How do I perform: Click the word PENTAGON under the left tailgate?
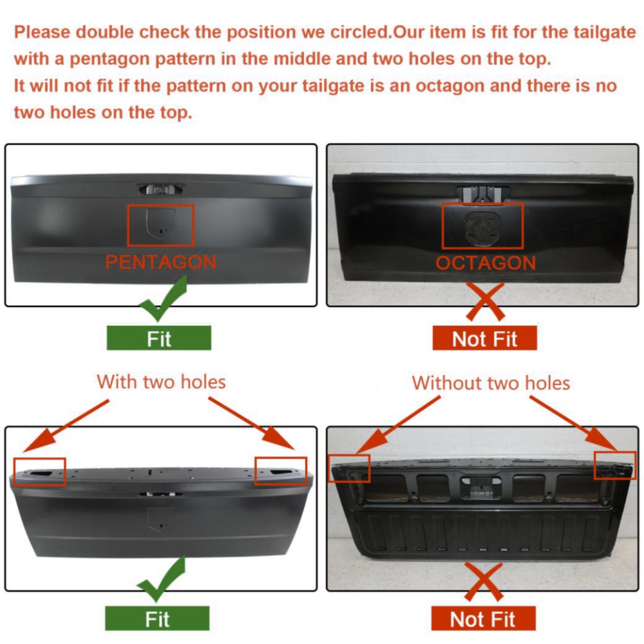160,262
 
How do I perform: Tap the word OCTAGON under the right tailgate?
486,263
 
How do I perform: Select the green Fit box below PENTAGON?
159,338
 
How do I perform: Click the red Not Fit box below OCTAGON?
485,338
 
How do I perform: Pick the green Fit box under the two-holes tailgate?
157,618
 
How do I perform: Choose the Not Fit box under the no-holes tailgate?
484,618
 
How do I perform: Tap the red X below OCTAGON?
485,301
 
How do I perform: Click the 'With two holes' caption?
162,382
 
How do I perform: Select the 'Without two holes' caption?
491,383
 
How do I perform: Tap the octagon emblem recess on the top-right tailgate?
483,229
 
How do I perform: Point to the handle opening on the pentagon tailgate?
160,189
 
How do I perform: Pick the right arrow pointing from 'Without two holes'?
574,424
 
